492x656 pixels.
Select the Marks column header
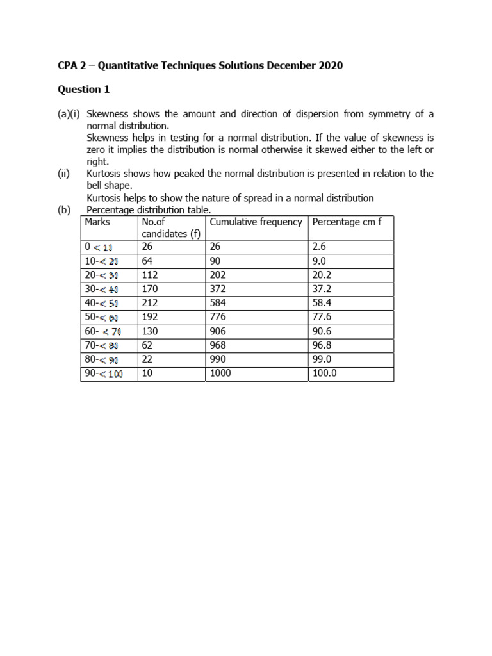(x=97, y=222)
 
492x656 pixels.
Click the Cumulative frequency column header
(x=256, y=222)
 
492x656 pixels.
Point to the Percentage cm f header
(x=347, y=222)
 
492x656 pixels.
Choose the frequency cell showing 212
(x=150, y=302)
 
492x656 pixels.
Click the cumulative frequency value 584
(x=219, y=302)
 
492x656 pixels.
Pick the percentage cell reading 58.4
(x=322, y=302)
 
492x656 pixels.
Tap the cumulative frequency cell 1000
(x=222, y=373)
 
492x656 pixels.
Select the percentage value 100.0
(x=324, y=373)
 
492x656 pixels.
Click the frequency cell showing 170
(x=150, y=288)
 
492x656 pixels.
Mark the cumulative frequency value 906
(x=219, y=331)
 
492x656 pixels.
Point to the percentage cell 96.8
(x=322, y=345)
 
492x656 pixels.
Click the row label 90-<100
(x=104, y=373)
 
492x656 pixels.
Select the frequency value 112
(x=150, y=274)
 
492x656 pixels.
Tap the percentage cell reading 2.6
(x=319, y=246)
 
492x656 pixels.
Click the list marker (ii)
(x=63, y=174)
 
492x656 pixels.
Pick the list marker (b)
(x=63, y=209)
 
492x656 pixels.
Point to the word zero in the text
(x=97, y=150)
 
